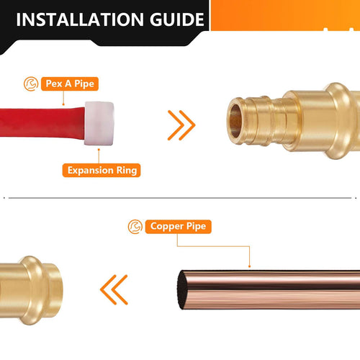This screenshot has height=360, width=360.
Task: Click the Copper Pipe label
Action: [x=179, y=226]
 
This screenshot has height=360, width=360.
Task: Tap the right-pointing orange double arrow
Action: [x=181, y=124]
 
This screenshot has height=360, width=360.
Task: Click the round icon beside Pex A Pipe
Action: [x=30, y=83]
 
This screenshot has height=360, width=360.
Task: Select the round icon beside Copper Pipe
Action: [x=135, y=226]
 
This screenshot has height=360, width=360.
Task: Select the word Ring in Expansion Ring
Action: [x=124, y=171]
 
